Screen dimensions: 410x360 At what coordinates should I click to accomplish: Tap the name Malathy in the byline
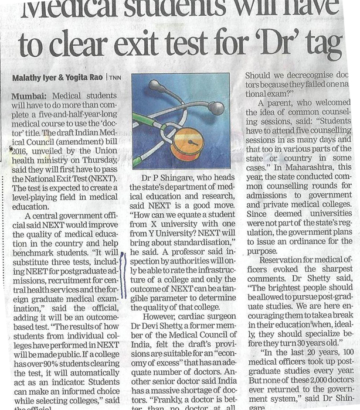click(x=30, y=78)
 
